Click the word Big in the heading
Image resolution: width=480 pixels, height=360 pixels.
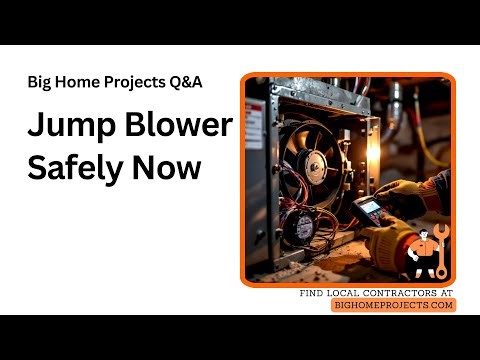40,82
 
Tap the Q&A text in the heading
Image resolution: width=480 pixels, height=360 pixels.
187,82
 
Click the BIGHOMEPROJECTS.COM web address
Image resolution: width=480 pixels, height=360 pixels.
393,305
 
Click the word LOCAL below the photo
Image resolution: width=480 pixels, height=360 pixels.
344,293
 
